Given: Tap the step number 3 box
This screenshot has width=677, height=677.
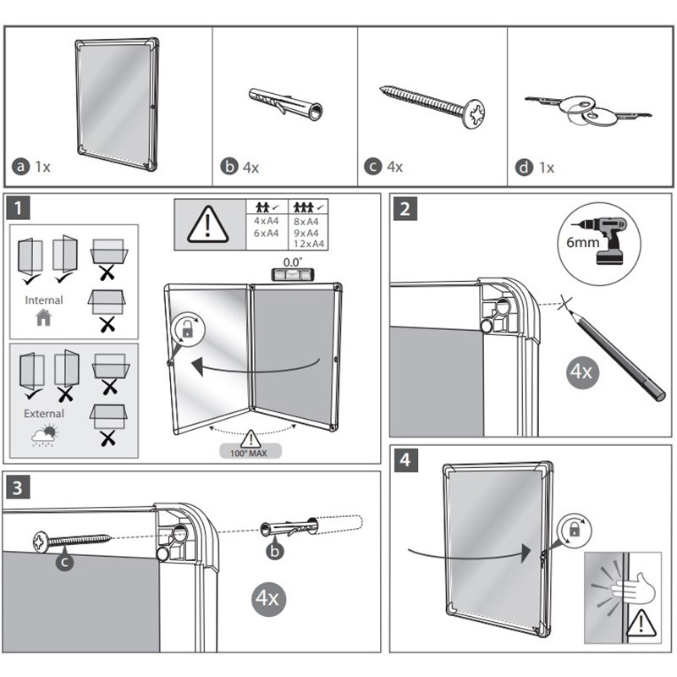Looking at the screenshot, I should click(19, 487).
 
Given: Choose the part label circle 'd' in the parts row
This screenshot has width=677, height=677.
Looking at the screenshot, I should click(525, 168).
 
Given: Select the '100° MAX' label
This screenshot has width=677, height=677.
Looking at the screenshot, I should click(252, 452).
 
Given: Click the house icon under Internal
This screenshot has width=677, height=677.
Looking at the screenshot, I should click(44, 318).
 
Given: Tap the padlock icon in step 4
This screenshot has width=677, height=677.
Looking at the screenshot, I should click(575, 531).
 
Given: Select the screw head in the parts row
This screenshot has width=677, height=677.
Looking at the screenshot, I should click(476, 110).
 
